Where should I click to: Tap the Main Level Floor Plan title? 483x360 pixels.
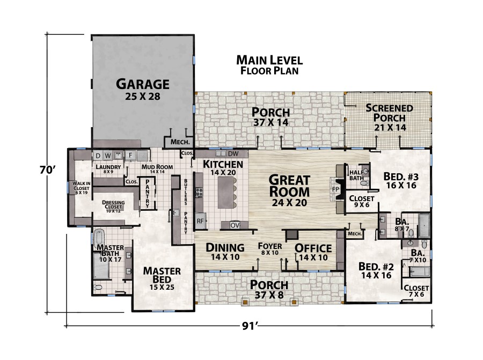click(x=269, y=64)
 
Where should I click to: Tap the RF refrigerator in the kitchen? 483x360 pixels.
click(x=200, y=220)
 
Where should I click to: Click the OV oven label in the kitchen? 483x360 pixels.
click(x=235, y=225)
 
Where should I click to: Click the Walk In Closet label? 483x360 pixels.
click(x=80, y=188)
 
